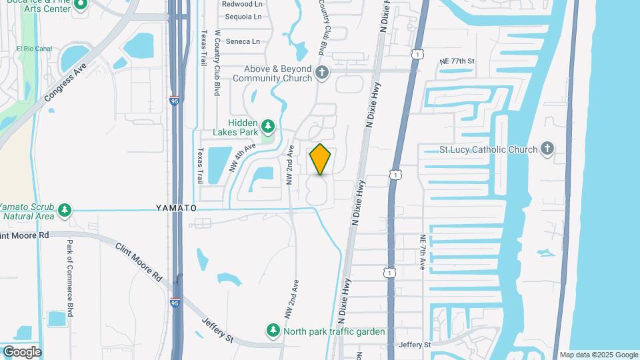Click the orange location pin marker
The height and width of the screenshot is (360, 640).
click(321, 159)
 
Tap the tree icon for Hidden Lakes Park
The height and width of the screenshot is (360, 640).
click(268, 125)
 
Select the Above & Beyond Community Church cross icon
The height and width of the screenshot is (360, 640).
click(323, 73)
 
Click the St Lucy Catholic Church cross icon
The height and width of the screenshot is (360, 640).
click(547, 149)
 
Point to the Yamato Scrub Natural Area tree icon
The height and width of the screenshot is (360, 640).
click(65, 211)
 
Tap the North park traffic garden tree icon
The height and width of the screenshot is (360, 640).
click(273, 330)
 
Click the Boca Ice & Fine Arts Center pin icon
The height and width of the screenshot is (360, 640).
click(81, 5)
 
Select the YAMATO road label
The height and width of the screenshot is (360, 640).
click(177, 208)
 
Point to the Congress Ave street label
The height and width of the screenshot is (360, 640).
click(67, 83)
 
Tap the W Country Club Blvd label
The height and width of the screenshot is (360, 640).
click(217, 63)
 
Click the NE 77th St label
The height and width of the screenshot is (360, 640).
click(457, 61)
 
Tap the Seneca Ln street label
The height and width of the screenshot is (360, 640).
click(243, 41)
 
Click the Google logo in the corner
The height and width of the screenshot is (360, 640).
click(22, 351)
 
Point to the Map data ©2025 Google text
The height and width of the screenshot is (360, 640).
click(599, 355)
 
